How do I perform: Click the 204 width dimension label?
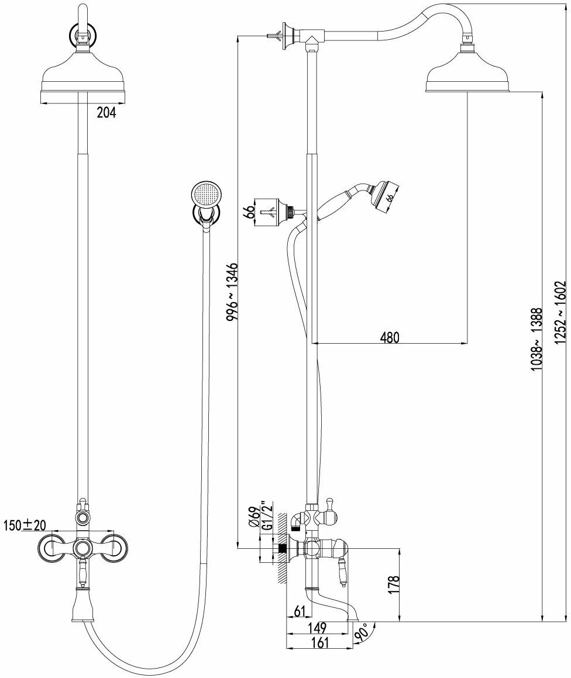(106, 113)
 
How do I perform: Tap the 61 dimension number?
(300, 611)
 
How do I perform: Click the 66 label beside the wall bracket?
(249, 211)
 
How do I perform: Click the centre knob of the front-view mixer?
(82, 548)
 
